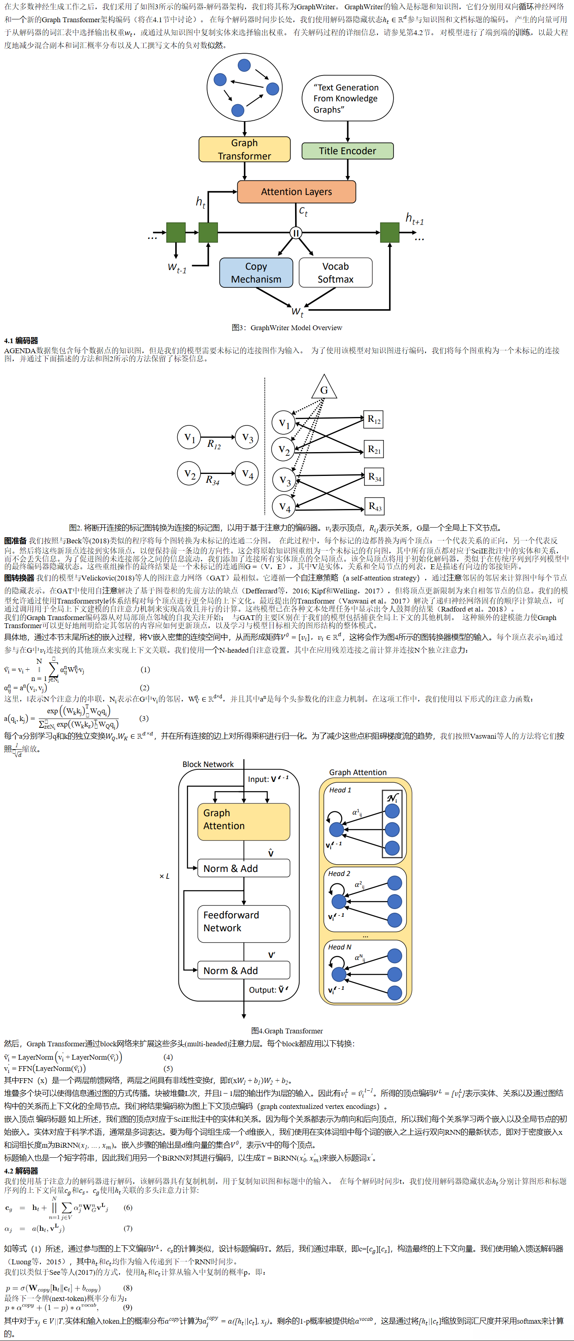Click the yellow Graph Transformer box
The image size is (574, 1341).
[x=244, y=149]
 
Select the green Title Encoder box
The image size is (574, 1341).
[x=347, y=151]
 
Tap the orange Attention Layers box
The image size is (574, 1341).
[x=296, y=192]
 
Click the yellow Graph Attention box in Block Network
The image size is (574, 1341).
[x=243, y=821]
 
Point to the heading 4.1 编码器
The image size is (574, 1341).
[x=21, y=340]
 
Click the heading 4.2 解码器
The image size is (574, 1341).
[x=21, y=1171]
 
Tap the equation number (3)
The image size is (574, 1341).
[x=144, y=719]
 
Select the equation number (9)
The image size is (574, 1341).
[x=128, y=1307]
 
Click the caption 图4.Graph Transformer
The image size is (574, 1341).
[x=287, y=1031]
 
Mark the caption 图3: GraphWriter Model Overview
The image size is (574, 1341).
[x=287, y=327]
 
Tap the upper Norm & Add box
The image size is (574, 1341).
[x=243, y=868]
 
